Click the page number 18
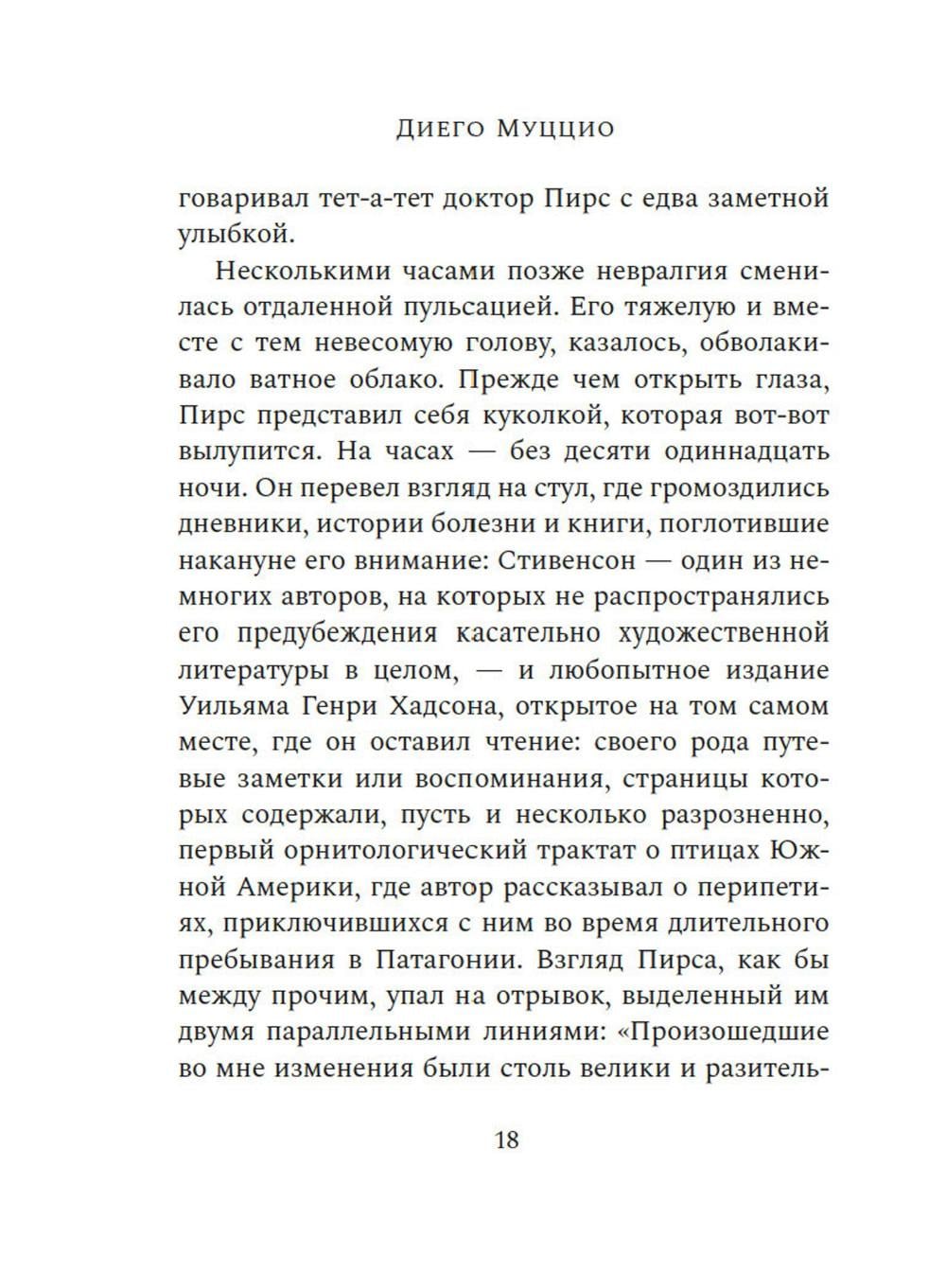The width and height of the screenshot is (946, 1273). coord(507,1140)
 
